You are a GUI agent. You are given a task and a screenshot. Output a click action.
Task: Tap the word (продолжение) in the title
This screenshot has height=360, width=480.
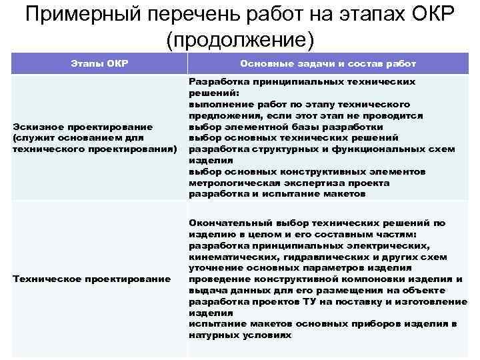click(240, 39)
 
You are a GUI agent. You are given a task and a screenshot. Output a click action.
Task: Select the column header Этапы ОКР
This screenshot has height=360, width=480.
click(99, 63)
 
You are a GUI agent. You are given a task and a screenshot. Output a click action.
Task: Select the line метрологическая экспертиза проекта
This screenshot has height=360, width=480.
click(289, 183)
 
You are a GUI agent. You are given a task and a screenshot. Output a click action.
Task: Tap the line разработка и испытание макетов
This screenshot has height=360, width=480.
click(277, 194)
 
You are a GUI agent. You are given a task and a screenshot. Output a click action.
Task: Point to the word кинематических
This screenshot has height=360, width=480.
click(227, 256)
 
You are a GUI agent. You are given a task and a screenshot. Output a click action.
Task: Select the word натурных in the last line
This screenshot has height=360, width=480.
click(214, 335)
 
